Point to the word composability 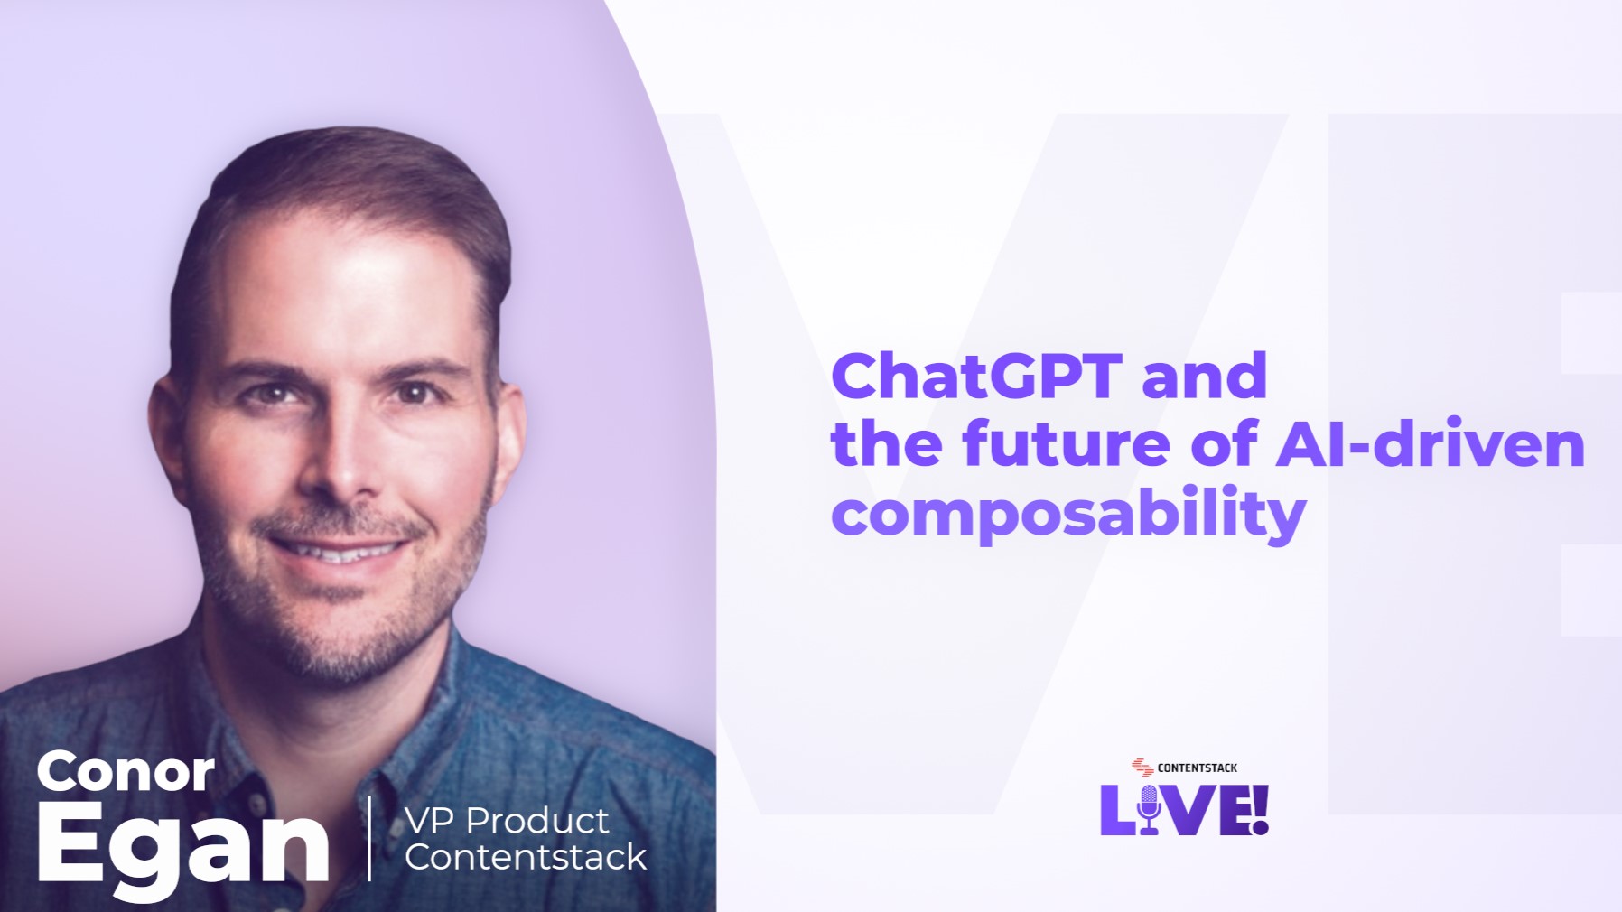point(1067,513)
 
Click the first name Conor point(126,773)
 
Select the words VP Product point(506,821)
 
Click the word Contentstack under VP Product point(525,857)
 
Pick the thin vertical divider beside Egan point(369,837)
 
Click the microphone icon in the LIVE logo point(1149,807)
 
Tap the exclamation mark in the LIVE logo point(1260,808)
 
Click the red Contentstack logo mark point(1142,768)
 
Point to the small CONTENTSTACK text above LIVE point(1197,768)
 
